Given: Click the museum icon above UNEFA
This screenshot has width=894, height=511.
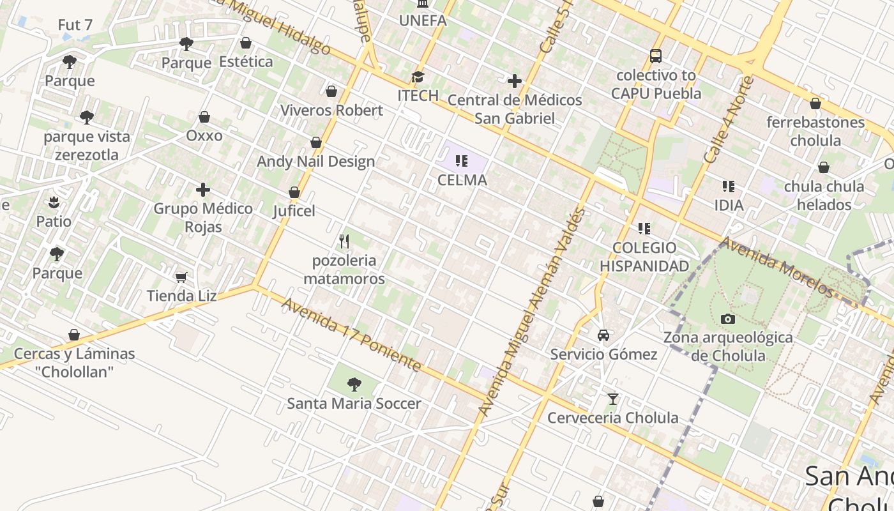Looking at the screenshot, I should point(422,4).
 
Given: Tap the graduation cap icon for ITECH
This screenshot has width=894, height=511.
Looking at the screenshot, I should point(418,77).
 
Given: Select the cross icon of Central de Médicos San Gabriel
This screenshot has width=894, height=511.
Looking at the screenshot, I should point(515,81).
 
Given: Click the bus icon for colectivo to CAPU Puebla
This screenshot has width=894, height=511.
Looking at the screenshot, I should point(656,56).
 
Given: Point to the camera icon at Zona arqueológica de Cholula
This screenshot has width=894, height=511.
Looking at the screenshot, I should point(727,319).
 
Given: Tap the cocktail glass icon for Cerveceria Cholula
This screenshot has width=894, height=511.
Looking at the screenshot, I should point(613,399).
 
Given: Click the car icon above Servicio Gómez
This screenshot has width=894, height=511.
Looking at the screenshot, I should point(603,335).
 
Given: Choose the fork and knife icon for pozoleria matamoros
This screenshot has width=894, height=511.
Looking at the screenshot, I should point(344,241).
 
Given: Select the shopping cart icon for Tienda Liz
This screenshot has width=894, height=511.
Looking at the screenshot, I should point(181,277).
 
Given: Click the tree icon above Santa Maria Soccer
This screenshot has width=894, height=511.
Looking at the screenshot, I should point(354,385).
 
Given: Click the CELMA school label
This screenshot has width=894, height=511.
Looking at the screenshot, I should point(462,180).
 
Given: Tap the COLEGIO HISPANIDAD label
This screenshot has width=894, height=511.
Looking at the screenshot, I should point(644,257).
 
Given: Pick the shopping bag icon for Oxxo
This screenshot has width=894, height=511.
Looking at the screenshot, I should point(204,117).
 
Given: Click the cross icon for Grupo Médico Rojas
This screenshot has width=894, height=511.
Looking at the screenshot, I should point(203,190).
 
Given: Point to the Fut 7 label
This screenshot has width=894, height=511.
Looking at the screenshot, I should point(75,25).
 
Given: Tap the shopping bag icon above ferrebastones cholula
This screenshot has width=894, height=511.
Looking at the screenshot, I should point(815,103).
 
